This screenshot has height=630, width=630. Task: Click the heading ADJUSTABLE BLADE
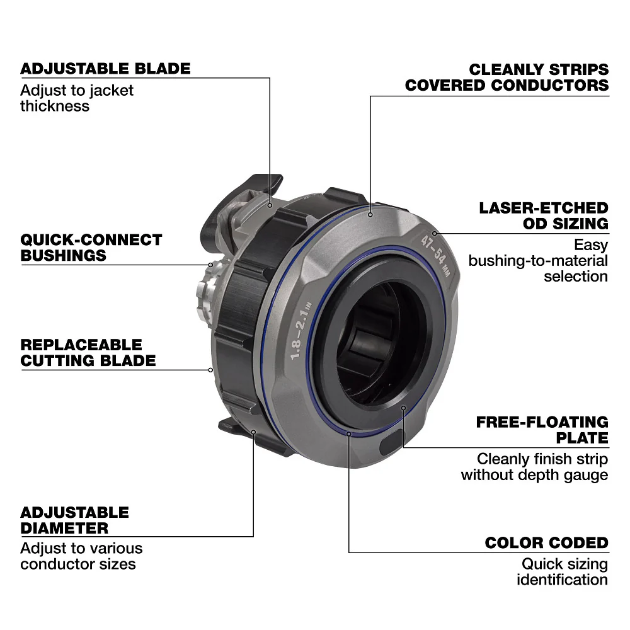click(x=105, y=69)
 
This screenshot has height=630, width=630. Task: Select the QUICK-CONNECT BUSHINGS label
click(x=91, y=248)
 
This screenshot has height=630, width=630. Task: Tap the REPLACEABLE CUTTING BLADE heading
click(x=88, y=353)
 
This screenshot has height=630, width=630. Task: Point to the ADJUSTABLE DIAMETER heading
click(x=74, y=520)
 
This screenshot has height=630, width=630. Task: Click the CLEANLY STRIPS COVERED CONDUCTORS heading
click(x=507, y=77)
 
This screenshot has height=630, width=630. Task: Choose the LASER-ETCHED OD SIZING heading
click(x=543, y=215)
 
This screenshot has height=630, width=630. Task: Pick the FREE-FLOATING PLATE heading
click(x=542, y=430)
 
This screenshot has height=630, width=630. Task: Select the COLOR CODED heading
click(x=546, y=543)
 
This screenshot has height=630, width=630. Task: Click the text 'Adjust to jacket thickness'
click(x=77, y=98)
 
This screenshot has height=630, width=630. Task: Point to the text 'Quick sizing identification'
click(x=562, y=571)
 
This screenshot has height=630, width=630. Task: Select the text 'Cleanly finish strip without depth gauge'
click(x=534, y=467)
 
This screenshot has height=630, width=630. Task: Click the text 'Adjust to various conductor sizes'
click(x=81, y=556)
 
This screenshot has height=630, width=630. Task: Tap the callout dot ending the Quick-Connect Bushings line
click(x=211, y=265)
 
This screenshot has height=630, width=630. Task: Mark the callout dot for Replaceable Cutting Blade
click(x=210, y=370)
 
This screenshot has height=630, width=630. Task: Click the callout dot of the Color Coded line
click(x=348, y=433)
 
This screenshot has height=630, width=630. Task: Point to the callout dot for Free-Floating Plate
click(x=403, y=408)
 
